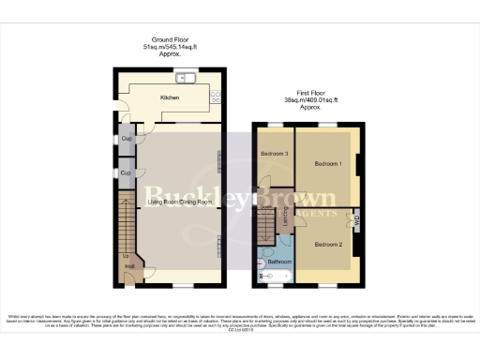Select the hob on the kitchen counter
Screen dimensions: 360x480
pyautogui.click(x=215, y=95)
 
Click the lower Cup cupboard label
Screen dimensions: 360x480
pyautogui.click(x=125, y=172)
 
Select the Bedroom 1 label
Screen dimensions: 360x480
pyautogui.click(x=326, y=165)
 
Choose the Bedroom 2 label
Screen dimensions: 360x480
pyautogui.click(x=326, y=245)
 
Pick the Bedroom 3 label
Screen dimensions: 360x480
pyautogui.click(x=274, y=153)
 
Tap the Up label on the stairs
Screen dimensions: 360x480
pyautogui.click(x=125, y=255)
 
